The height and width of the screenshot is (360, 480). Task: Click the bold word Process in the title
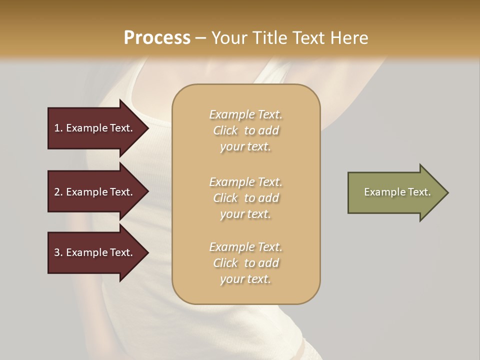point(157,38)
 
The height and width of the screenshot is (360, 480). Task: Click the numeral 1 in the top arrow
point(57,128)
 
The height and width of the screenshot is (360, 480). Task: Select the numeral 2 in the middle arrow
point(57,192)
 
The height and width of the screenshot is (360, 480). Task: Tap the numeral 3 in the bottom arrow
point(57,252)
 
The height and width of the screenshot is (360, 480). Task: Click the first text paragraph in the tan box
point(245,130)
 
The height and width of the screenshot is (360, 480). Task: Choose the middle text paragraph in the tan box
point(245,198)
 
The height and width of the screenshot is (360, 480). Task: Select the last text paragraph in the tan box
point(245,263)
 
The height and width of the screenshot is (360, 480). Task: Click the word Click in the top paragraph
point(225,130)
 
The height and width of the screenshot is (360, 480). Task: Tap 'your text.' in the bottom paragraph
point(245,279)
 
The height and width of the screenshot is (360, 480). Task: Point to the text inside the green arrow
point(397,192)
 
